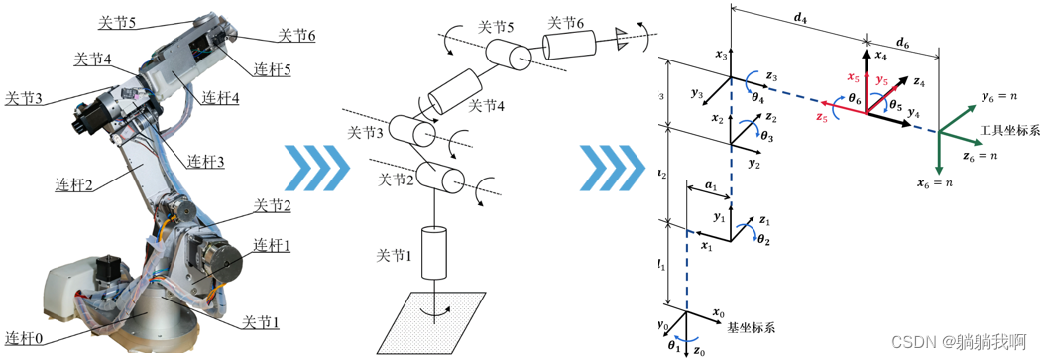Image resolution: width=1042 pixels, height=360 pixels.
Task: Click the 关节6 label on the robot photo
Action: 296,35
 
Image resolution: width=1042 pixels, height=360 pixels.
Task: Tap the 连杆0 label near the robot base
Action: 25,333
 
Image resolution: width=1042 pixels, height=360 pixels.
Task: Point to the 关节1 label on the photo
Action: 263,322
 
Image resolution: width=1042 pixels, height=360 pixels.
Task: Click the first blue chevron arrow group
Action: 311,166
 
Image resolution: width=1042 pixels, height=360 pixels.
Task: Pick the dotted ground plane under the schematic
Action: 431,323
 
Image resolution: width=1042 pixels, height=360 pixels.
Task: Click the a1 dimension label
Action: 709,185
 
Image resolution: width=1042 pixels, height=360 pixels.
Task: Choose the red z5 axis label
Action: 820,118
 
